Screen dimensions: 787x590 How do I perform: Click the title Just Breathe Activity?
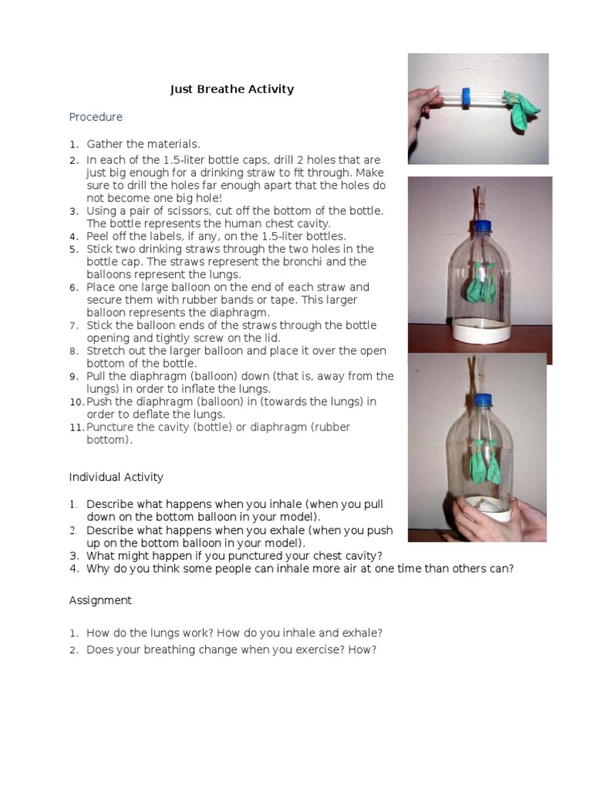[x=232, y=89]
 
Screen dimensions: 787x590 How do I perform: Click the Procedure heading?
[x=95, y=118]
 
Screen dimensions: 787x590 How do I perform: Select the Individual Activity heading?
[x=116, y=477]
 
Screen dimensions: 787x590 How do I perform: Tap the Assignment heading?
[x=100, y=600]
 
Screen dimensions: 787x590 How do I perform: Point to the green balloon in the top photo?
[x=525, y=107]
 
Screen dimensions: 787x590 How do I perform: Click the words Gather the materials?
[x=143, y=144]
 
